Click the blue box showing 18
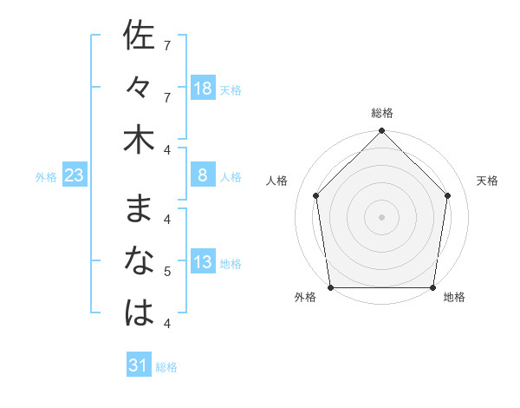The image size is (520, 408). pos(203,88)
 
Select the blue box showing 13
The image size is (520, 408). pos(203,263)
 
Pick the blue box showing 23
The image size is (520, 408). pos(74,176)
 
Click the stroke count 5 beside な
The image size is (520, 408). pos(167,273)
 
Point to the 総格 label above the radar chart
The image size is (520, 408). pos(382,113)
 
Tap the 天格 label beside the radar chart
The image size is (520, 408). pos(488,181)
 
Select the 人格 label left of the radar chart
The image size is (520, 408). pos(277,181)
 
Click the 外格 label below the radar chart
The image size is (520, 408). pos(305,297)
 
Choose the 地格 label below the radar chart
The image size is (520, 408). pos(455,297)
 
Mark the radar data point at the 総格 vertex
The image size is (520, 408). pos(382,131)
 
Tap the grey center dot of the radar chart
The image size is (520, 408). pos(382,216)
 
